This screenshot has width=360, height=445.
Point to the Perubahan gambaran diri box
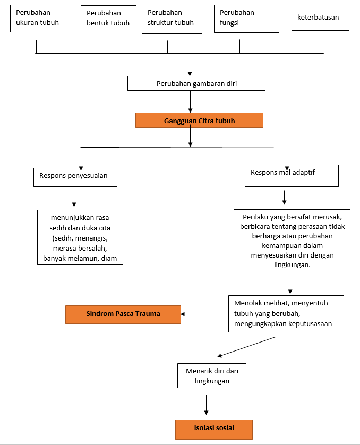click(x=196, y=83)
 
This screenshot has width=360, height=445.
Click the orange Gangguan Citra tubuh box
click(x=199, y=121)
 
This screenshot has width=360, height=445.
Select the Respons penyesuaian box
click(x=75, y=177)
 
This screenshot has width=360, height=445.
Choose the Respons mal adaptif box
click(x=291, y=176)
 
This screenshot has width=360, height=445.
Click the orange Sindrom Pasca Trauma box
click(x=123, y=314)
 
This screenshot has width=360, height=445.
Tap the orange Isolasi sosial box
click(x=213, y=429)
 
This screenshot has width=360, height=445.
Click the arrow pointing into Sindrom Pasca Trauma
click(x=204, y=314)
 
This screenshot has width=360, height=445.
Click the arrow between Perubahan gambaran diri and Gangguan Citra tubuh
click(x=190, y=101)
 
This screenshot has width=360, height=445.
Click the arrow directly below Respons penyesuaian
click(x=74, y=198)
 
